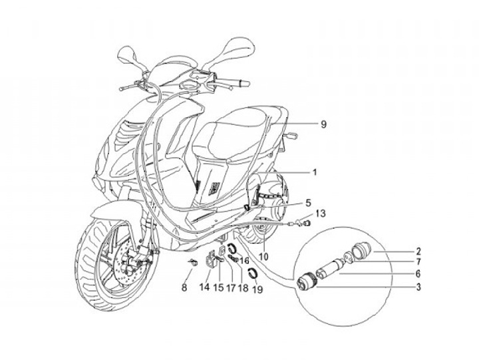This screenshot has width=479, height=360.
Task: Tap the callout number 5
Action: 307,202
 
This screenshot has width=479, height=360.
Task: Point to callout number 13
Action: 321,214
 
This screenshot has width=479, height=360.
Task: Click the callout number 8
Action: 185,287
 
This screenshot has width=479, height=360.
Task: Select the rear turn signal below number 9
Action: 291,136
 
